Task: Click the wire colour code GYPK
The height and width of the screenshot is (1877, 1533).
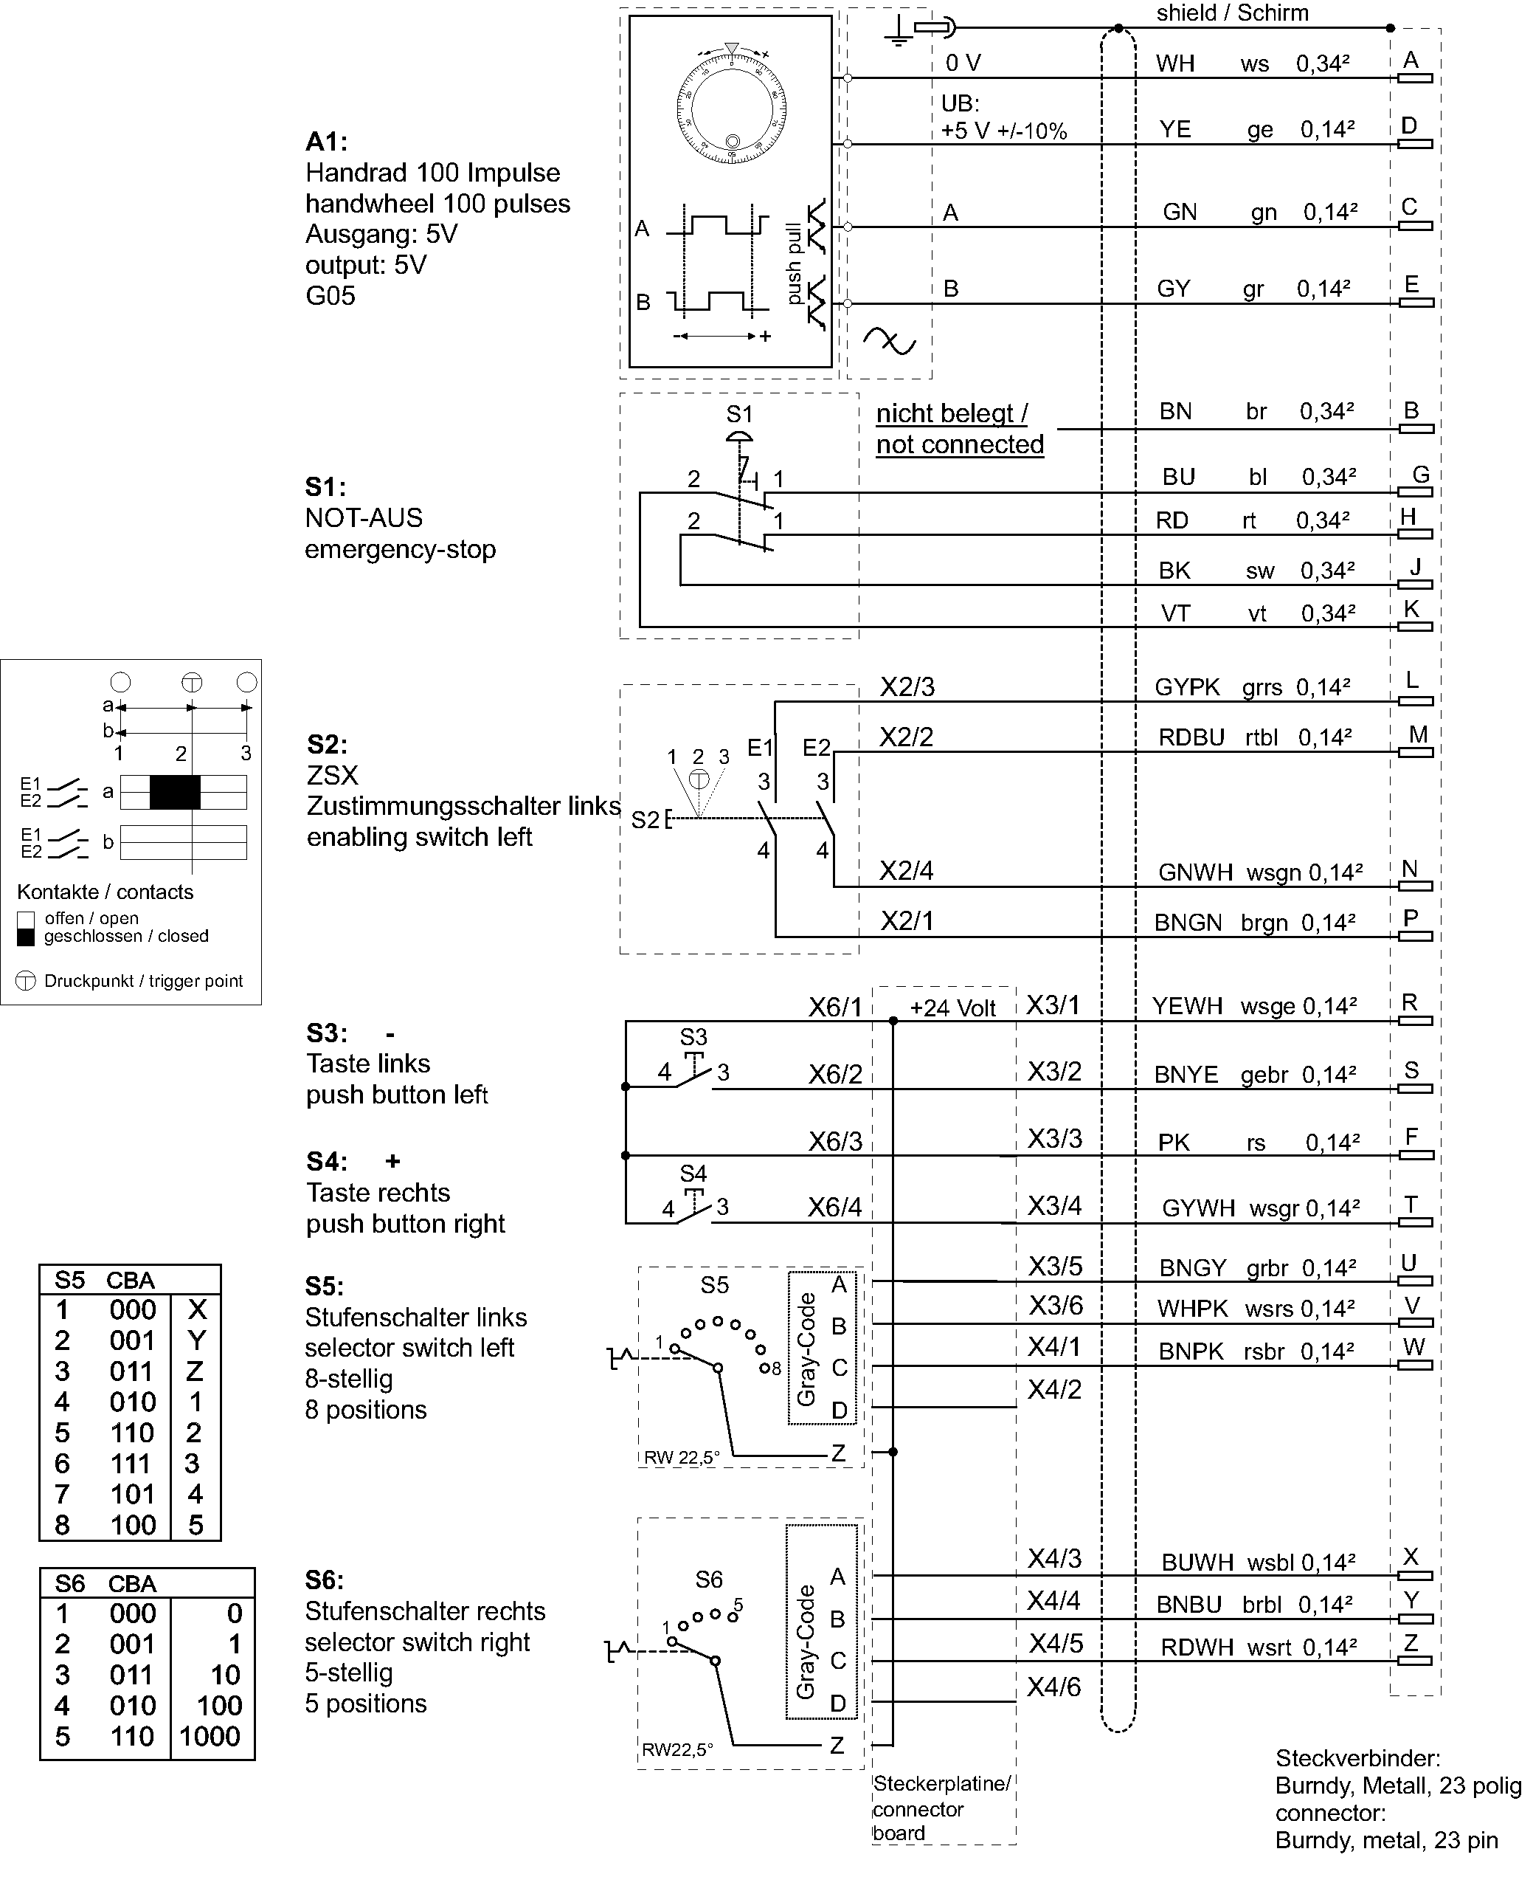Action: tap(1187, 687)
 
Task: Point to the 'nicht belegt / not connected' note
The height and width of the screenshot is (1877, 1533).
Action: tap(959, 428)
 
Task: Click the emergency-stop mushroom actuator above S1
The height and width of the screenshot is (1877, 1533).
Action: tap(739, 437)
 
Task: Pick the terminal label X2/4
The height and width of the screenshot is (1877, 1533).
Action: tap(906, 871)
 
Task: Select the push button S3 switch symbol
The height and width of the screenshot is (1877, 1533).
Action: tap(694, 1072)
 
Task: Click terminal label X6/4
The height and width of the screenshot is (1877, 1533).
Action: tap(834, 1208)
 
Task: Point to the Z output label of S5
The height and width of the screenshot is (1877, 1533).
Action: tap(838, 1453)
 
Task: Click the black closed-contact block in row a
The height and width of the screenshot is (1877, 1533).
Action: tap(175, 792)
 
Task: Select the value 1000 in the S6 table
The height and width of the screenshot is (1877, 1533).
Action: tap(210, 1737)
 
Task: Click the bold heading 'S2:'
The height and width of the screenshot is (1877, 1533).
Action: tap(327, 744)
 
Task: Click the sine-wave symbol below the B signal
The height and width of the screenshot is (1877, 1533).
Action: tap(889, 341)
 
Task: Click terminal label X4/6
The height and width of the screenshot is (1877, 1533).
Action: tap(1053, 1688)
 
